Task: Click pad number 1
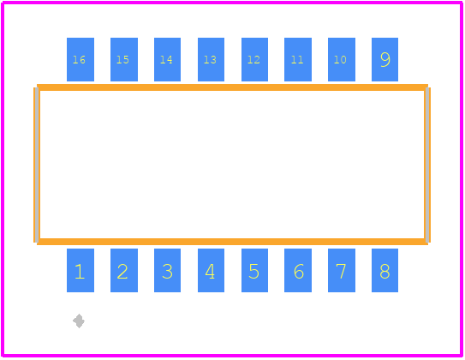[x=80, y=270]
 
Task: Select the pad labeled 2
[x=124, y=270]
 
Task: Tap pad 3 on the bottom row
[x=167, y=270]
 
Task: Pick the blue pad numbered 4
[x=211, y=270]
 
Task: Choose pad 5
[x=254, y=270]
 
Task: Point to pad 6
[x=298, y=270]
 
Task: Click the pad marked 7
[x=342, y=270]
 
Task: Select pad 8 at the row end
[x=385, y=270]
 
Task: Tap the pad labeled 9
[x=385, y=59]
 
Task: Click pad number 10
[x=342, y=59]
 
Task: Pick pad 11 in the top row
[x=298, y=59]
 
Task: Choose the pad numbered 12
[x=254, y=59]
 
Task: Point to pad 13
[x=211, y=59]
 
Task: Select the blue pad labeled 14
[x=167, y=59]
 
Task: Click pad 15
[x=124, y=59]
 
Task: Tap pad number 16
[x=80, y=59]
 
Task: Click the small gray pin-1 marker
[x=79, y=321]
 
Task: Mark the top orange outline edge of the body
[x=232, y=87]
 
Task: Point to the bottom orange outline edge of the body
[x=232, y=242]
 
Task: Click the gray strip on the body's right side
[x=427, y=165]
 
